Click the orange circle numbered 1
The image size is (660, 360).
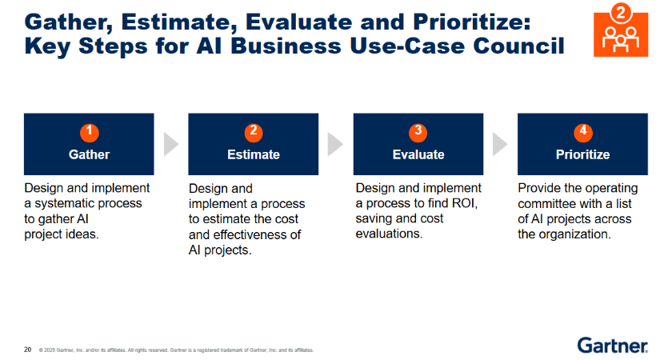(90, 132)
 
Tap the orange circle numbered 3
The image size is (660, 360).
(418, 132)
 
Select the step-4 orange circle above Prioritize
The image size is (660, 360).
(583, 132)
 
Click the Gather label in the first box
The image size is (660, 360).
(90, 154)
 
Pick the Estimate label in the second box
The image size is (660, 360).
(254, 154)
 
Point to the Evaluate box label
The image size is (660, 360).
(418, 154)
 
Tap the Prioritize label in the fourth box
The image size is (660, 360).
(583, 154)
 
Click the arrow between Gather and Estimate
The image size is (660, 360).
(170, 144)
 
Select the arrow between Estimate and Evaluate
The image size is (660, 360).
(335, 144)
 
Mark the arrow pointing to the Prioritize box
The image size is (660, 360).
(500, 144)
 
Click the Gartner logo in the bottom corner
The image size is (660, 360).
(613, 346)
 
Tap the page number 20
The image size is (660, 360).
(28, 350)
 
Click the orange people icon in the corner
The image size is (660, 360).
(621, 30)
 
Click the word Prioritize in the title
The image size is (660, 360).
(472, 22)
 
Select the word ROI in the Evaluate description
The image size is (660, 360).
(465, 203)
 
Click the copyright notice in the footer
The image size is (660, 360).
(176, 350)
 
